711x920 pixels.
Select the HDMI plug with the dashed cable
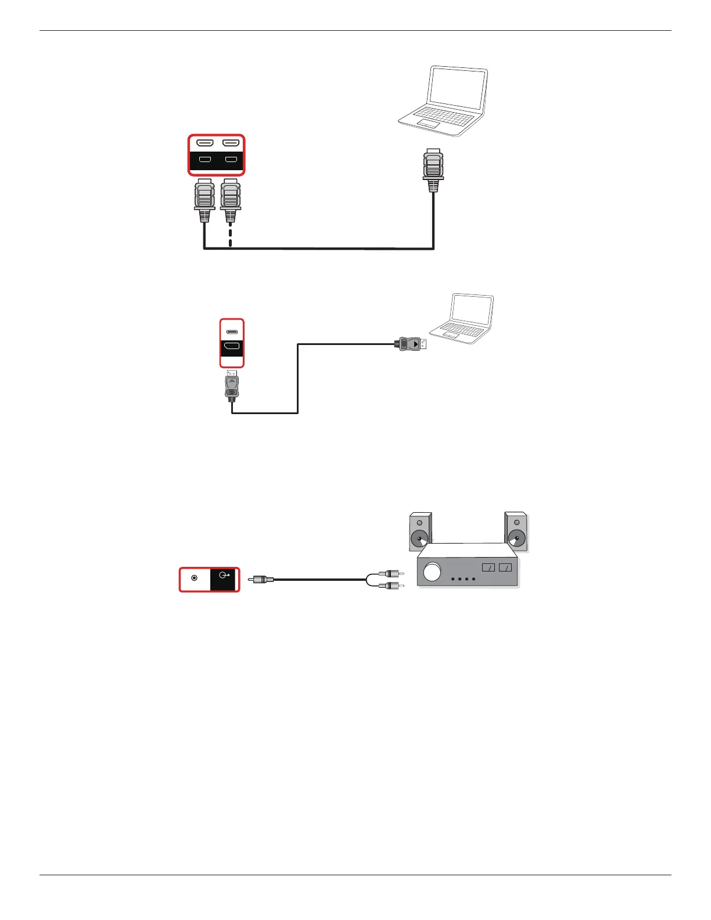[x=231, y=201]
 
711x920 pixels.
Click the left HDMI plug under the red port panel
[x=204, y=201]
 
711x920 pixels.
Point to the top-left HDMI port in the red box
[x=204, y=143]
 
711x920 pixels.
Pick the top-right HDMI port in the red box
[x=231, y=143]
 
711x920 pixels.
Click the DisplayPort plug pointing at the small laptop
[x=411, y=343]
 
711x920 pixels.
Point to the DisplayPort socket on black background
[x=232, y=347]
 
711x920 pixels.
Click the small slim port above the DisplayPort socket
[x=232, y=332]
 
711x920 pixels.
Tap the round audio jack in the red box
[x=195, y=578]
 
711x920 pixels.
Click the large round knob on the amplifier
[x=432, y=572]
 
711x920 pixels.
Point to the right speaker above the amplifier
[x=516, y=531]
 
